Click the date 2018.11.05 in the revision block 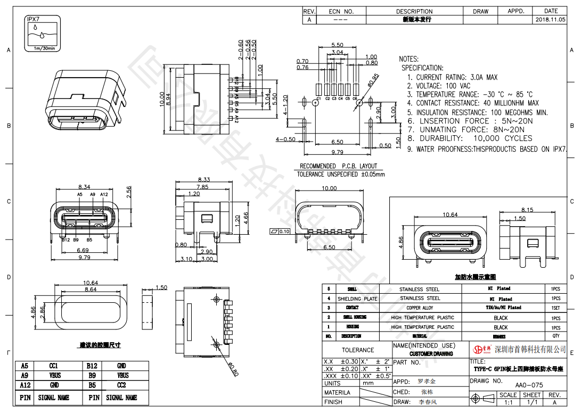[551, 20]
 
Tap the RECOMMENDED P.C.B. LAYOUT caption [338, 166]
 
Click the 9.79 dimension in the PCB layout [337, 153]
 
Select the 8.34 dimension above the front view [84, 187]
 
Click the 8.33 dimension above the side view [203, 180]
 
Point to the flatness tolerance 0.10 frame [280, 232]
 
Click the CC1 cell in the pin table [54, 366]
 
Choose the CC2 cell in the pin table [121, 385]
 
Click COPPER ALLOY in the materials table [420, 308]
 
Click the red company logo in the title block [481, 349]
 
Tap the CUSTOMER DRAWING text [431, 354]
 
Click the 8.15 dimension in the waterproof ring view [527, 210]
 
